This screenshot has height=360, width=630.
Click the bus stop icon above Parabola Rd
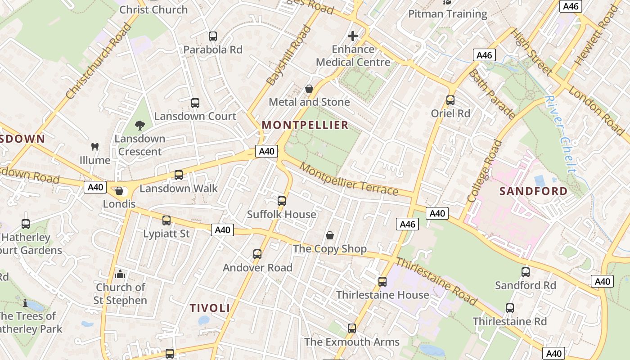(213, 36)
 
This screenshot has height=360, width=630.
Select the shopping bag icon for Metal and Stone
(309, 89)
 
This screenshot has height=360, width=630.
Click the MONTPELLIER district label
(305, 125)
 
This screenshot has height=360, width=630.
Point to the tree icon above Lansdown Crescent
(140, 126)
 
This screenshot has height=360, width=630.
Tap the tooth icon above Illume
(95, 147)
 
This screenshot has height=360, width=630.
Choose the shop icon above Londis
(119, 191)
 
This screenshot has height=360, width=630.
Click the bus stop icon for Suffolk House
(282, 201)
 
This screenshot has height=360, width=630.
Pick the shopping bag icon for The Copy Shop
(330, 235)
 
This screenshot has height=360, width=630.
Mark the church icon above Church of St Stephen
(120, 274)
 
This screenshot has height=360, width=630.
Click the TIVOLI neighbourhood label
(210, 308)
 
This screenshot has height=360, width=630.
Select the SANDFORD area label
(534, 191)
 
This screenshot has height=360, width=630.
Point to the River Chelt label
(560, 134)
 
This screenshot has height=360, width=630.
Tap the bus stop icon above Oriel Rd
(450, 100)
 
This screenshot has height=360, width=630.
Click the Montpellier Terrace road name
(349, 179)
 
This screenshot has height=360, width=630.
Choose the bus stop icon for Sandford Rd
(526, 272)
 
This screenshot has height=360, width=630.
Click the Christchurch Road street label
(99, 61)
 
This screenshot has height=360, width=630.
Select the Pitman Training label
(447, 14)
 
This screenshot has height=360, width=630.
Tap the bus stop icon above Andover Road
(257, 254)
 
